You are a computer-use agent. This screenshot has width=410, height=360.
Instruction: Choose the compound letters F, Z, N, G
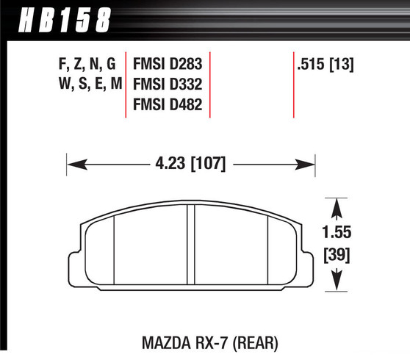[87, 64]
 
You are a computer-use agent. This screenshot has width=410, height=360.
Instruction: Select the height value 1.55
[337, 234]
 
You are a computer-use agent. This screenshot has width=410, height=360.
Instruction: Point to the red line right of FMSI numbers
[211, 84]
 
